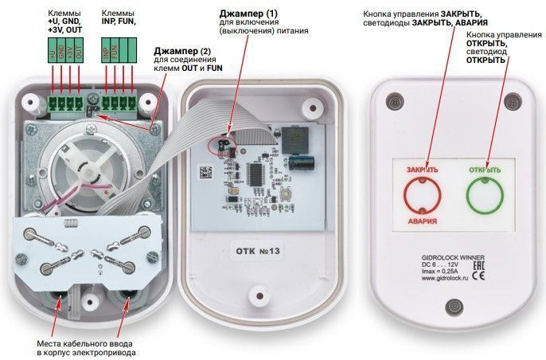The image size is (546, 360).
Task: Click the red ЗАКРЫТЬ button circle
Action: pyautogui.click(x=421, y=193)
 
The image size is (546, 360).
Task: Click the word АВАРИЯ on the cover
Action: pyautogui.click(x=422, y=220)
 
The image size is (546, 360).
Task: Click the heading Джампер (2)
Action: pyautogui.click(x=184, y=51)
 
